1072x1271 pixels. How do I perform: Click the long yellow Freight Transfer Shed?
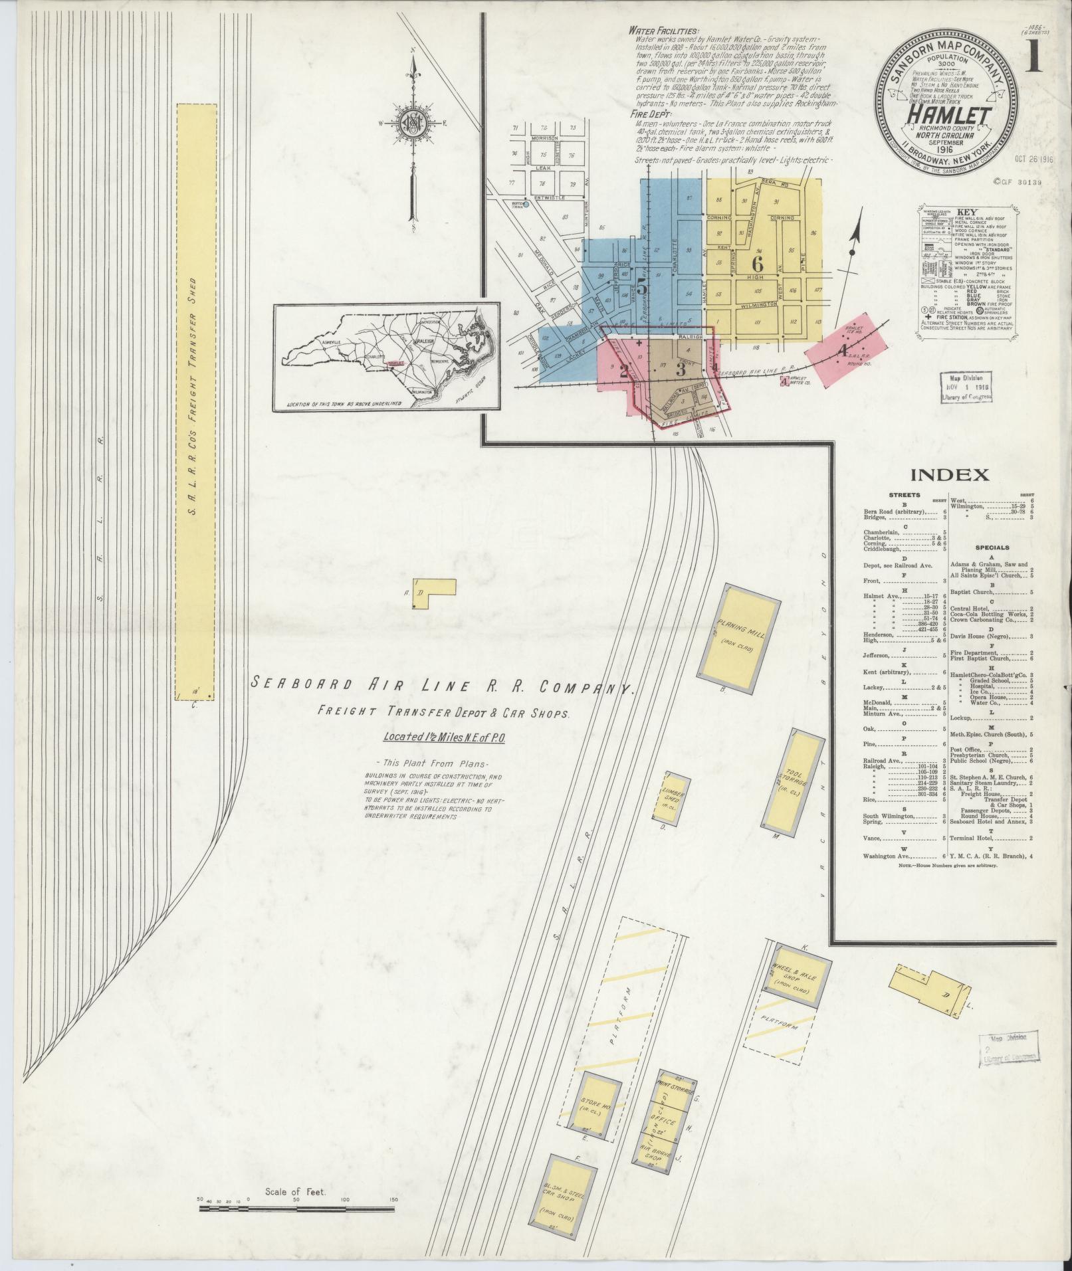coord(197,401)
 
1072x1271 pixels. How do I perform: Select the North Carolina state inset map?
coord(386,358)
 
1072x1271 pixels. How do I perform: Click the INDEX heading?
coord(949,474)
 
